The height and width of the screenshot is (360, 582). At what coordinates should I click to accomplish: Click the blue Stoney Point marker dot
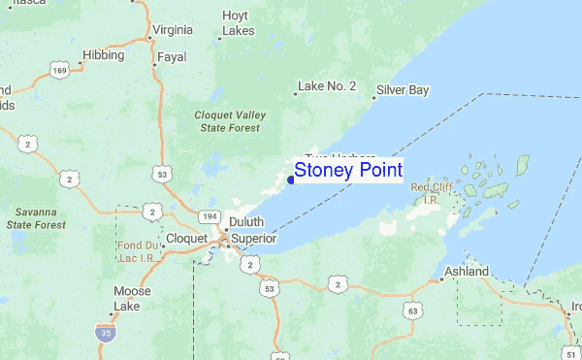tap(291, 180)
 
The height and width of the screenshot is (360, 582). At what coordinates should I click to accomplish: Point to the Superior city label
tap(253, 238)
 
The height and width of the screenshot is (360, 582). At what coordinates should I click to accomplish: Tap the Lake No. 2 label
tap(327, 86)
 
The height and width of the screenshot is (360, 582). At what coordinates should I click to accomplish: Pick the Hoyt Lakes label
tap(238, 23)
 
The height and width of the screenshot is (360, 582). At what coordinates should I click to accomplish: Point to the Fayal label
tap(172, 57)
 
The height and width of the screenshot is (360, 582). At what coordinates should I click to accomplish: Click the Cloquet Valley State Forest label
tap(230, 120)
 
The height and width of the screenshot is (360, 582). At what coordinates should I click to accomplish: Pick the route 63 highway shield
tap(414, 311)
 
